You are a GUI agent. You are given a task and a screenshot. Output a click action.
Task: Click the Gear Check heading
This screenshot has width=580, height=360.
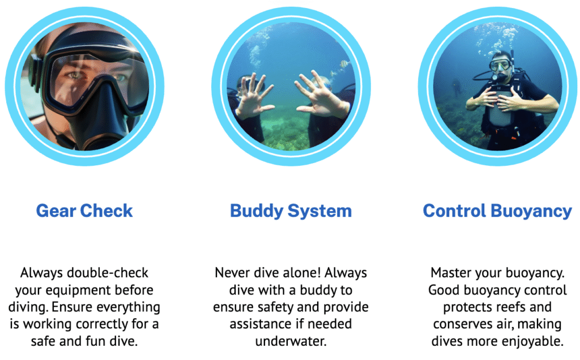pyautogui.click(x=84, y=211)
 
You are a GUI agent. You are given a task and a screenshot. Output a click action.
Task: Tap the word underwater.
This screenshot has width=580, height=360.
pyautogui.click(x=291, y=341)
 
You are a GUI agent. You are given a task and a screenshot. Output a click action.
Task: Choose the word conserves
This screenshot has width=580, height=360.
pyautogui.click(x=463, y=324)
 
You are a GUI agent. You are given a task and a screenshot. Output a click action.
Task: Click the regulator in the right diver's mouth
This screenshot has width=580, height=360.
pyautogui.click(x=500, y=77)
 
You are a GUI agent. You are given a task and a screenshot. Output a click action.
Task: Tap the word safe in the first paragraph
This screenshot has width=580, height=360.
pyautogui.click(x=44, y=341)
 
